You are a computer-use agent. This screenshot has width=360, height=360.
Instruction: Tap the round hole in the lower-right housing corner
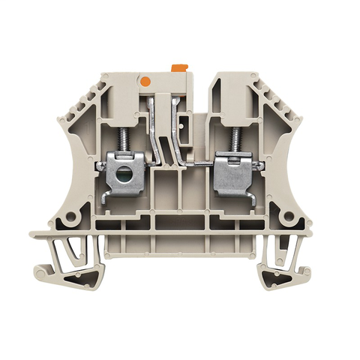286,218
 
